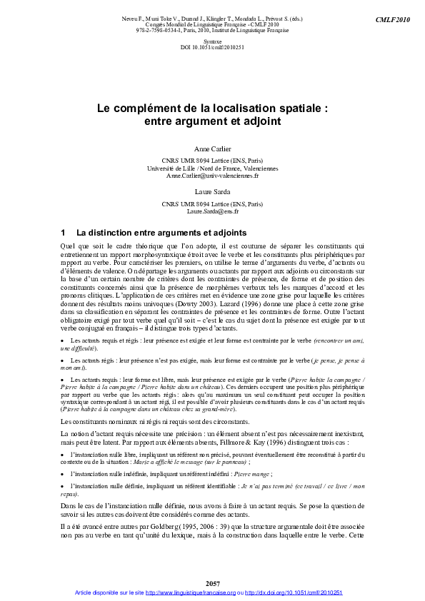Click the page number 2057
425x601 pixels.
coord(212,584)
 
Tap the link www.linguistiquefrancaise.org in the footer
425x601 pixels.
coord(191,592)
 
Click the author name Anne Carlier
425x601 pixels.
coord(212,148)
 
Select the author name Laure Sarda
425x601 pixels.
coord(212,191)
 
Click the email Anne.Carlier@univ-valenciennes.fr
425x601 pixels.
coord(212,175)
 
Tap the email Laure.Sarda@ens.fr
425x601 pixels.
coord(212,211)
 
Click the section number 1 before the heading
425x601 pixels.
coord(64,233)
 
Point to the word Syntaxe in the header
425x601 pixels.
coord(212,42)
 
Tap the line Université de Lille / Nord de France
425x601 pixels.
coord(212,168)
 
